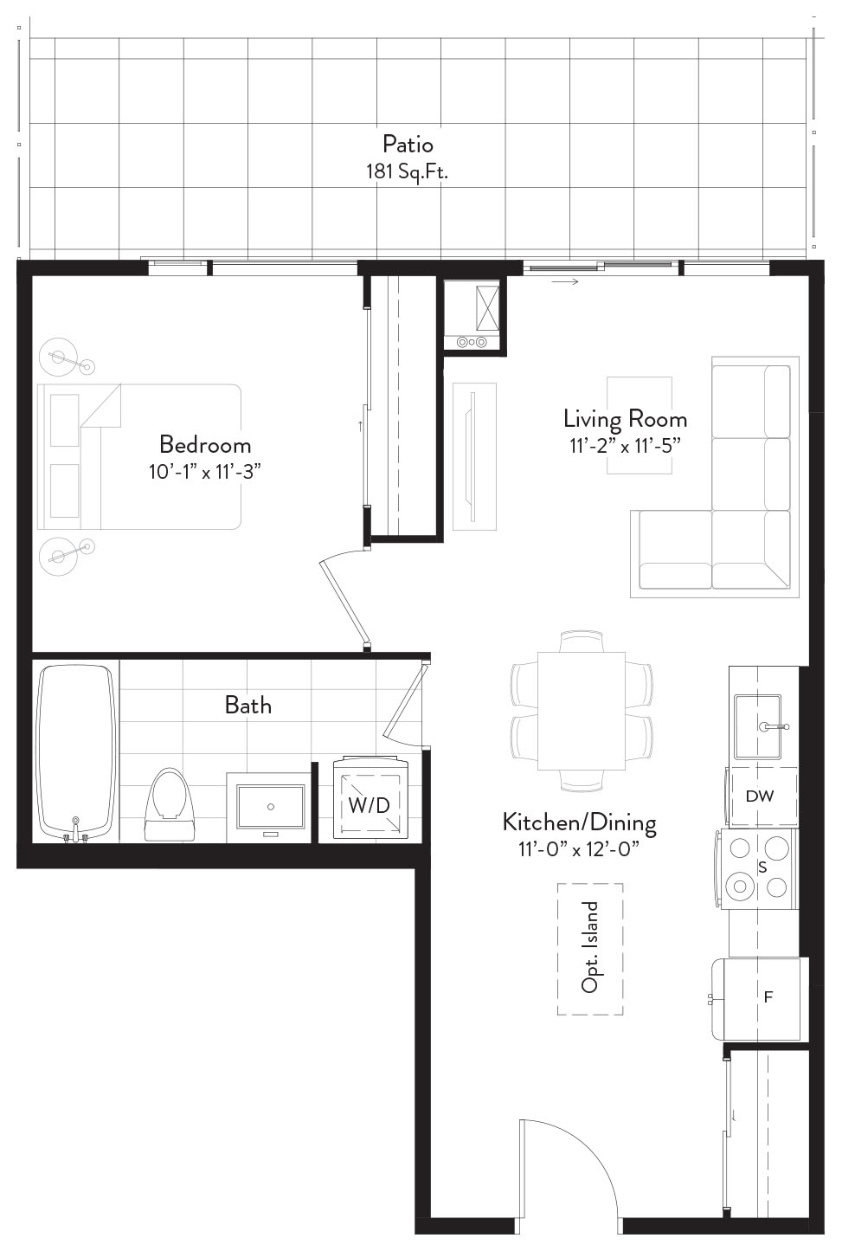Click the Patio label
408,145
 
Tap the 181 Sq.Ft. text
407,171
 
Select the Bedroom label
205,445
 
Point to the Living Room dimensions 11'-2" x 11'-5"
626,446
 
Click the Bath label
248,706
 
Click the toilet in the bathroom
170,803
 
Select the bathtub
76,752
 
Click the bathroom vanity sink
271,807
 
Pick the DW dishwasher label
760,796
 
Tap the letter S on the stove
762,867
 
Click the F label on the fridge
768,996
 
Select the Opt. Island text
589,948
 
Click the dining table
582,711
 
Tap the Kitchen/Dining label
580,822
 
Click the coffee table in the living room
640,426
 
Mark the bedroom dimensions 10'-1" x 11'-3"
205,472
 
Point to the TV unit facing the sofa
474,457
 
